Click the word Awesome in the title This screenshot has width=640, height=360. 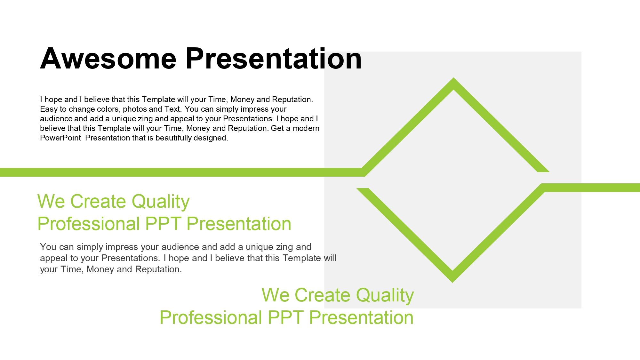[x=108, y=58]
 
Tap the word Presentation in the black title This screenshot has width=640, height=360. [x=274, y=58]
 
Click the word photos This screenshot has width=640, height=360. [x=136, y=109]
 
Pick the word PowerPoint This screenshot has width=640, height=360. [x=60, y=138]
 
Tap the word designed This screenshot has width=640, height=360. [x=211, y=138]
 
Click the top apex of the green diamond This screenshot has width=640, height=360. [x=453, y=78]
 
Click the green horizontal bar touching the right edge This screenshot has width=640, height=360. [x=592, y=188]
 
